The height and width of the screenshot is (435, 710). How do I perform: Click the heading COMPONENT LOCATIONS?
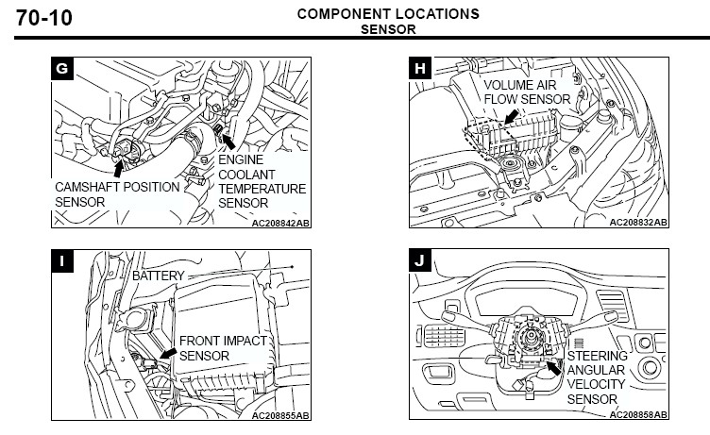[x=387, y=14]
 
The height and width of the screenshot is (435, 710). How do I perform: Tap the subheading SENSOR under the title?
[x=388, y=28]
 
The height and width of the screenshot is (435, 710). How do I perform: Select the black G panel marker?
[x=63, y=68]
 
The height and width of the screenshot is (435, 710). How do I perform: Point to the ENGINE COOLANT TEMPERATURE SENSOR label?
[x=262, y=181]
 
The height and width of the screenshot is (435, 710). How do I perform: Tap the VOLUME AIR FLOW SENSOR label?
[x=528, y=92]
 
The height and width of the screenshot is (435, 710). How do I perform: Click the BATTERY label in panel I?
[x=159, y=276]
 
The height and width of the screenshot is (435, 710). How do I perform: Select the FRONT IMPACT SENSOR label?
[x=224, y=348]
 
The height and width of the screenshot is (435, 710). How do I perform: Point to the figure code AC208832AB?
[x=638, y=223]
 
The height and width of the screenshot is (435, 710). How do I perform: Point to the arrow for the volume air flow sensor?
[x=511, y=117]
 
